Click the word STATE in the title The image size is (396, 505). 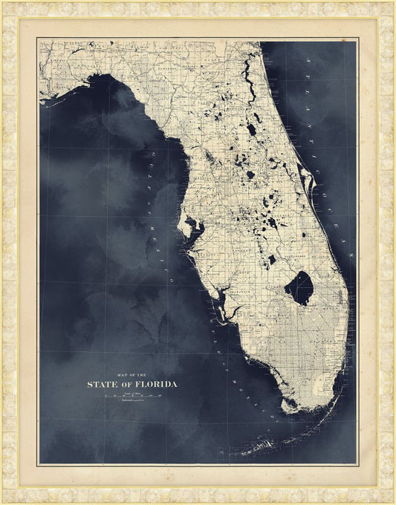pyautogui.click(x=102, y=385)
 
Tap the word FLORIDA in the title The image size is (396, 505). pyautogui.click(x=153, y=385)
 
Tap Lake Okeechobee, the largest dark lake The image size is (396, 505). pyautogui.click(x=299, y=287)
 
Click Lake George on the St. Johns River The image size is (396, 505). pyautogui.click(x=251, y=129)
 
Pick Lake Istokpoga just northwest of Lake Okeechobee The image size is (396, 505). pyautogui.click(x=273, y=259)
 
